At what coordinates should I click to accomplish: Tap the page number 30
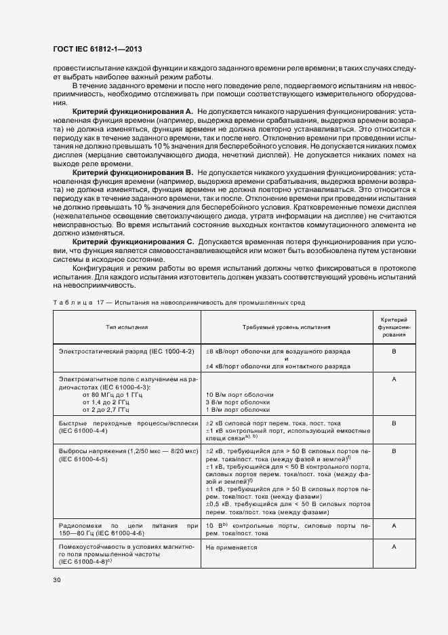(57, 579)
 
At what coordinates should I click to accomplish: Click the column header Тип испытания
(127, 327)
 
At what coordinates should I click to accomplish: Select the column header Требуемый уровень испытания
(288, 327)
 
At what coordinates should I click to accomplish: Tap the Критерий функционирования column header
(394, 327)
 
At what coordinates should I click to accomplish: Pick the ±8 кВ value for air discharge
(215, 351)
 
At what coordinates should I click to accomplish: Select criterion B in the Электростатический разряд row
(394, 351)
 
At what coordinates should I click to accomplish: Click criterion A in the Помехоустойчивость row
(394, 546)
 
